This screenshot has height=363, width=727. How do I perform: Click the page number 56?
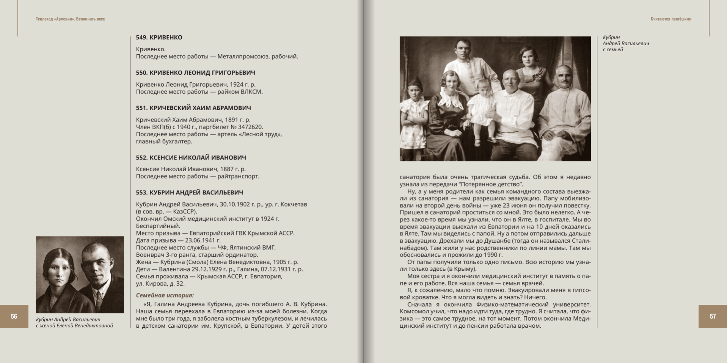(x=14, y=316)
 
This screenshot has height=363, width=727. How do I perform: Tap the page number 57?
(x=713, y=316)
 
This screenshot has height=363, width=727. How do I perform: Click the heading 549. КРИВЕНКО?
(x=159, y=38)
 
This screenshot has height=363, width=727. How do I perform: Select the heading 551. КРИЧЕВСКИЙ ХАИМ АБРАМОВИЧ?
(x=193, y=108)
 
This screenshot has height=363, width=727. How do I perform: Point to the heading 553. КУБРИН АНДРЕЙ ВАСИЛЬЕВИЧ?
(x=190, y=193)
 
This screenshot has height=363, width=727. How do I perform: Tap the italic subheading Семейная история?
(x=165, y=295)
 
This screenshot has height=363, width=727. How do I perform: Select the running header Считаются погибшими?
(x=671, y=19)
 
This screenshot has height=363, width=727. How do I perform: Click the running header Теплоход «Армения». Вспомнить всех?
(x=70, y=19)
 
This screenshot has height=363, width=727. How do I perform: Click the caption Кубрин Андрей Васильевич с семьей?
(x=625, y=43)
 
